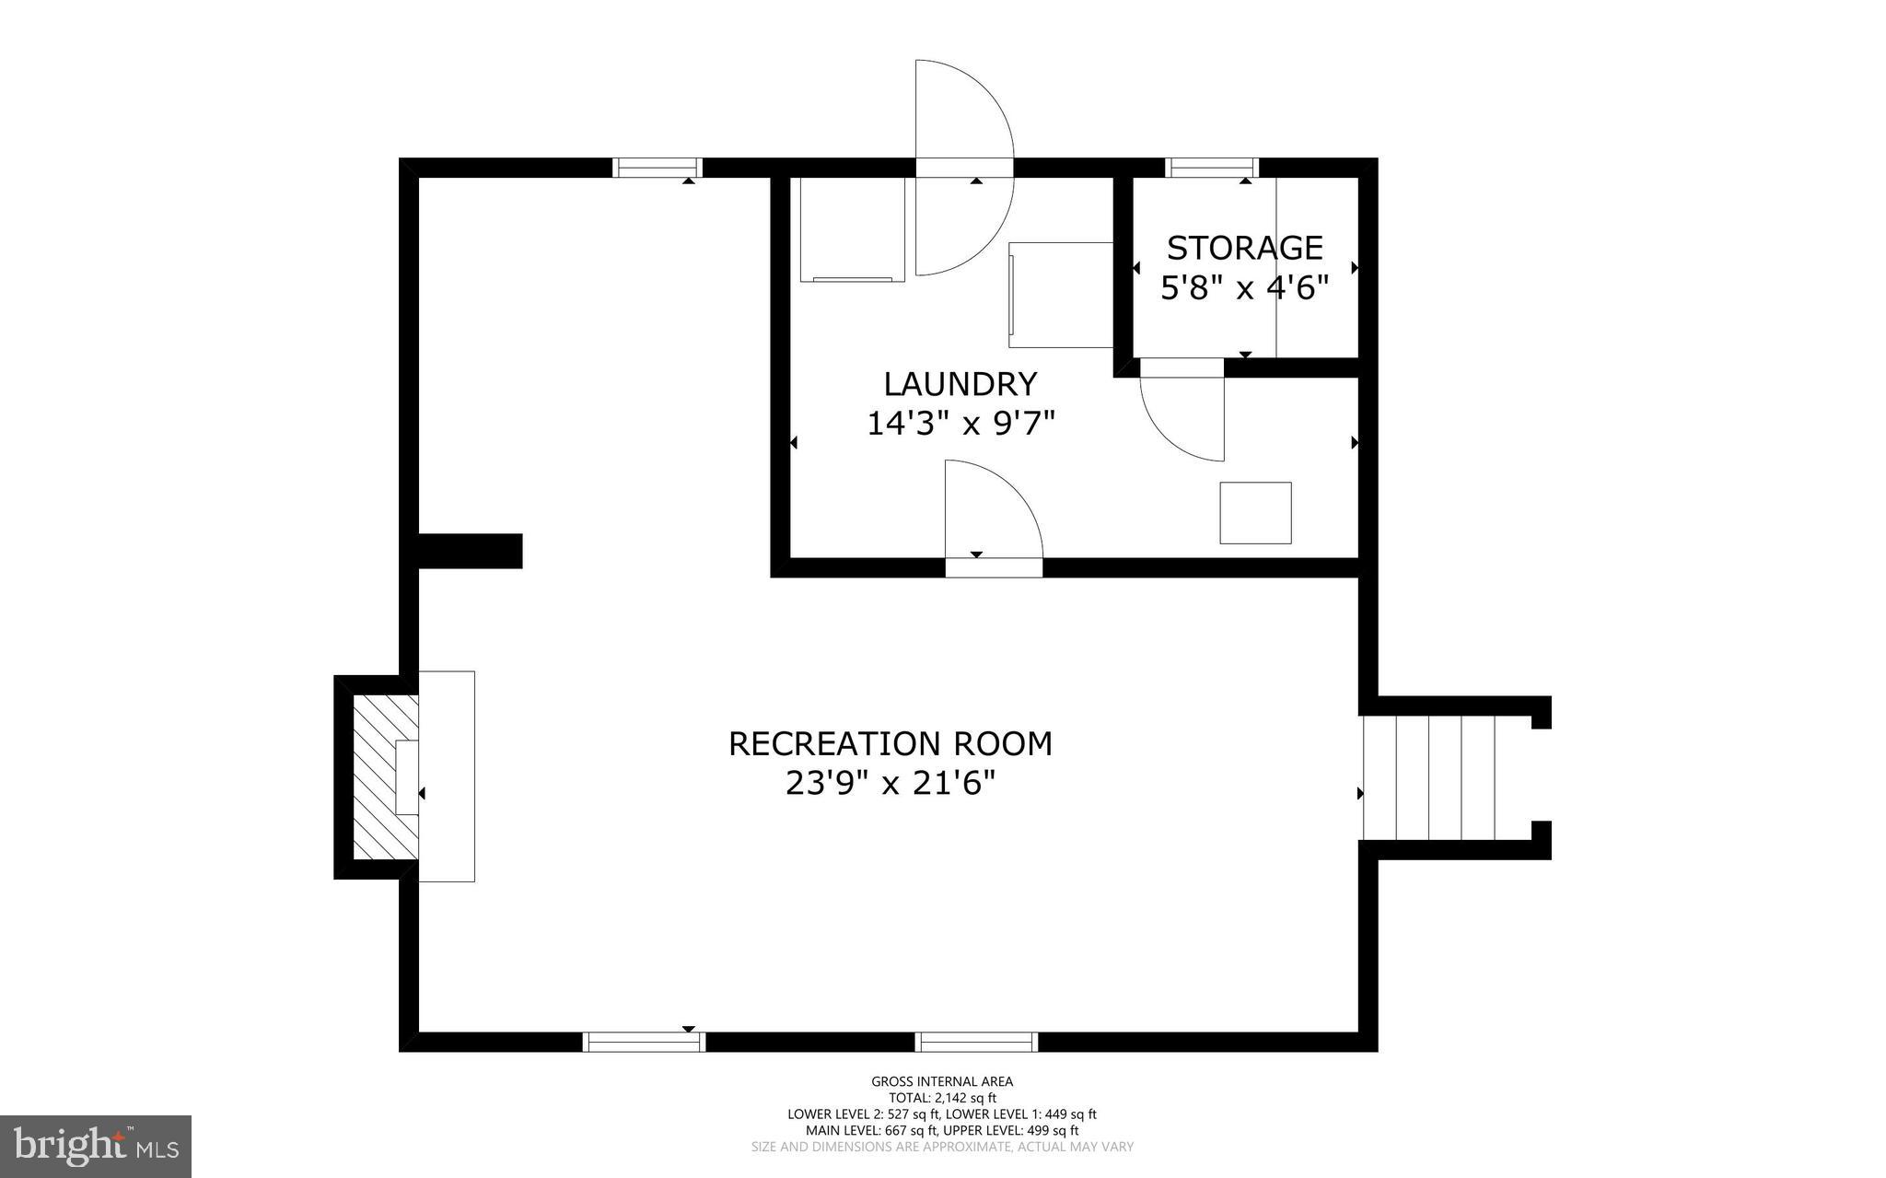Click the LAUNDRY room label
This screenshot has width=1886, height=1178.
[960, 383]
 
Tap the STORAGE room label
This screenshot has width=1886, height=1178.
[1244, 248]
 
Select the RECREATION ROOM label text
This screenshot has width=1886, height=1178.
[890, 743]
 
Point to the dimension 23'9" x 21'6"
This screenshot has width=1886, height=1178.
[890, 784]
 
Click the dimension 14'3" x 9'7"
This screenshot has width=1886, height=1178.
[960, 424]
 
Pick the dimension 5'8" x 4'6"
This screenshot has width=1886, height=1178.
[1244, 288]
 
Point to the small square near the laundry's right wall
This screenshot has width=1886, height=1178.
[1255, 512]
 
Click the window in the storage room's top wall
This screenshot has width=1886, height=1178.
[1212, 168]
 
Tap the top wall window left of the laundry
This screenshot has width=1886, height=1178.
[657, 168]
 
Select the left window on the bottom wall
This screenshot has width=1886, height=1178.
[644, 1042]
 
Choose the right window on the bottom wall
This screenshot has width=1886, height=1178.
[976, 1042]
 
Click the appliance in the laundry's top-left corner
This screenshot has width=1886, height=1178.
[852, 229]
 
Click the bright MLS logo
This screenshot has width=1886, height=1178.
[96, 1146]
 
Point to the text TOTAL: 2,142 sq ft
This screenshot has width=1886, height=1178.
[942, 1098]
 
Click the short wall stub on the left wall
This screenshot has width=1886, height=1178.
[470, 551]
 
